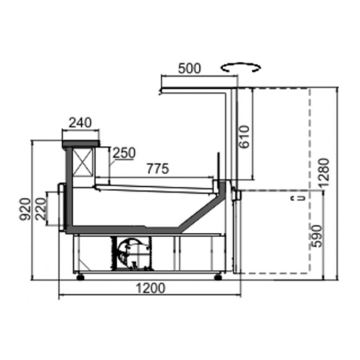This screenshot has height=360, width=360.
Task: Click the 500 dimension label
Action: click(189, 68)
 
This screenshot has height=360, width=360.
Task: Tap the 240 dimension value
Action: click(80, 123)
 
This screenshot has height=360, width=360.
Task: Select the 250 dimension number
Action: click(124, 153)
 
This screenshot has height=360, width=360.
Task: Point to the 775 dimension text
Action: click(158, 169)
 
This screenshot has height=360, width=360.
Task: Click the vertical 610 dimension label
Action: click(244, 137)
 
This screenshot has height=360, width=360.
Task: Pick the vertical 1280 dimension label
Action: click(324, 173)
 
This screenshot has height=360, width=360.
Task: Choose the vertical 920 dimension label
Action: click(25, 209)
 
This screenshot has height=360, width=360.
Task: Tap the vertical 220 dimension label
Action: click(42, 209)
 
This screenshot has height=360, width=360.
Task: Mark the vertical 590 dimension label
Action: click(317, 236)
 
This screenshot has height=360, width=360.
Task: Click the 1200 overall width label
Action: click(151, 289)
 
